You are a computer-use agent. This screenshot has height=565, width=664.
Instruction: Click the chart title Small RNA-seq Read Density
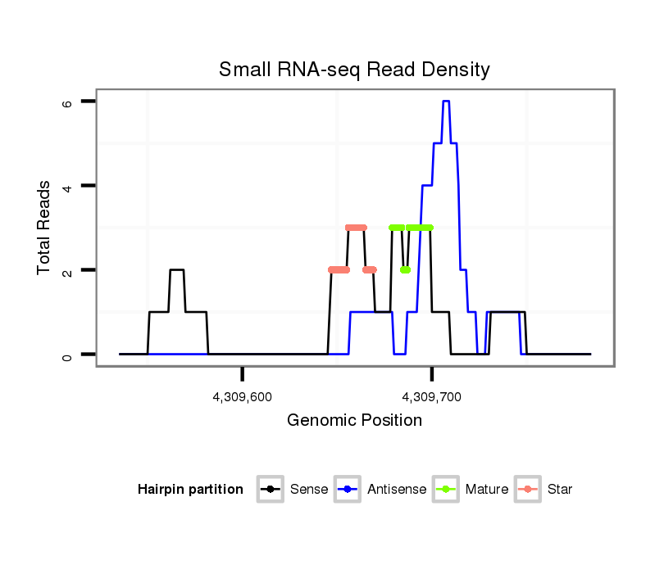pos(354,70)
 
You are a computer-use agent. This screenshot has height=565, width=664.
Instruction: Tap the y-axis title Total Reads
pos(44,228)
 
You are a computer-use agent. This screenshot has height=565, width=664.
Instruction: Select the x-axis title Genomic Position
pos(354,421)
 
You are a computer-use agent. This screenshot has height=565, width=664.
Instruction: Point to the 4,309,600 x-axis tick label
pos(243,397)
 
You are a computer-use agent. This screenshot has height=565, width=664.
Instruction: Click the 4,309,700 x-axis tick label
pos(432,397)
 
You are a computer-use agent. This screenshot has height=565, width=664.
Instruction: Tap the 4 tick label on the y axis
pos(66,186)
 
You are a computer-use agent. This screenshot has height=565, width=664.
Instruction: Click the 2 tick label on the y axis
pos(66,270)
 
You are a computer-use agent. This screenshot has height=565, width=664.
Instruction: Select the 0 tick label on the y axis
pos(66,355)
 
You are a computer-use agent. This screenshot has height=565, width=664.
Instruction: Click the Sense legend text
pos(309,490)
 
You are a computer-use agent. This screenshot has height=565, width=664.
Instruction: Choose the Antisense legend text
pos(397,490)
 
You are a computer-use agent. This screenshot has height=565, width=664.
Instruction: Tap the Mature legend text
pos(487,490)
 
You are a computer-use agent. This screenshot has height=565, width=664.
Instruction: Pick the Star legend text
pos(560,490)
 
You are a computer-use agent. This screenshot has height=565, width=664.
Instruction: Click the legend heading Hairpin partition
pos(191,490)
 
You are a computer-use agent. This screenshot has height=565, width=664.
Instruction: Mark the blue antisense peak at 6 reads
pos(446,102)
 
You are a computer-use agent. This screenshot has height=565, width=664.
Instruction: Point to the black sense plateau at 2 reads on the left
pos(177,269)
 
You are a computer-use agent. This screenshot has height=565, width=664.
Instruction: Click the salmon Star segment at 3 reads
pos(357,228)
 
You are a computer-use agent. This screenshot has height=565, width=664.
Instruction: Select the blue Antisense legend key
pos(348,490)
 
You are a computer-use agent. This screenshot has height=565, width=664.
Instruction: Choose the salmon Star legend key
pos(528,490)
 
